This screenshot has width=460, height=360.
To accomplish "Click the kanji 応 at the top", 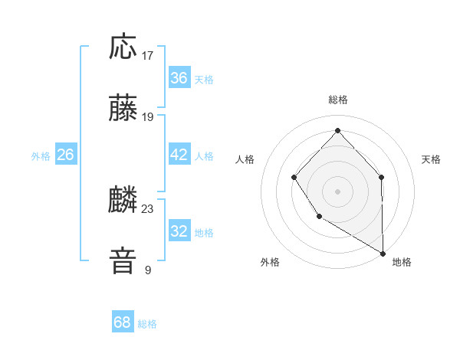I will (123, 47).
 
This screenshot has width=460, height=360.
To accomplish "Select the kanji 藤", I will (123, 110).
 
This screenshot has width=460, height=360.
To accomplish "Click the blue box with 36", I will (179, 78).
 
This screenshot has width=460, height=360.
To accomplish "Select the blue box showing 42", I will (179, 155).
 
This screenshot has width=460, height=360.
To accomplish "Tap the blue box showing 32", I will (179, 231).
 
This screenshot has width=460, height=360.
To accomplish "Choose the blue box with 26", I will (65, 155).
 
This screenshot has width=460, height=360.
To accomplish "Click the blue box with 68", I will (123, 322).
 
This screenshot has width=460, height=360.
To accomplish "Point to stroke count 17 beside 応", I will (148, 56).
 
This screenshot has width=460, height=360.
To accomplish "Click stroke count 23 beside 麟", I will (148, 208).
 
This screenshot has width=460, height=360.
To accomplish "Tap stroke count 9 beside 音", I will (148, 270).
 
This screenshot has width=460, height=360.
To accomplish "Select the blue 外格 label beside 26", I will (41, 155).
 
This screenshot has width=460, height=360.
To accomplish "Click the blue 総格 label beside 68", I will (147, 324).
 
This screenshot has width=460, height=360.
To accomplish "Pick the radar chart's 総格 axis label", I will (338, 100).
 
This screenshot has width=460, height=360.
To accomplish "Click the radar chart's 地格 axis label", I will (402, 262).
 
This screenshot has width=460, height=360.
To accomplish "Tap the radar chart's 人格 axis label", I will (245, 159).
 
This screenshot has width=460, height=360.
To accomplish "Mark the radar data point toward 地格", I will (383, 253).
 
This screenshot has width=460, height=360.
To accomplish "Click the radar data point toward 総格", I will (338, 130).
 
